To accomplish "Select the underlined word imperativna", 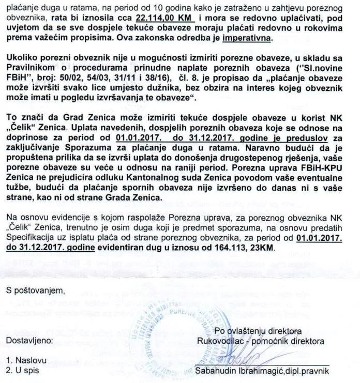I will tap(246, 39).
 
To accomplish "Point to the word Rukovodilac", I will tap(221, 341).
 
